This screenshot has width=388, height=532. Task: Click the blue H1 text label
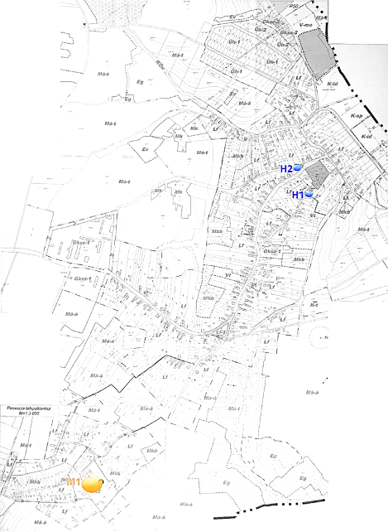click(298, 195)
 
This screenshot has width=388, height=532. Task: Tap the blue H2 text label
click(286, 168)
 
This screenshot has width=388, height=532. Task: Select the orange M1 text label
click(73, 481)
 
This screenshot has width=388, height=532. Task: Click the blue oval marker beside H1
click(309, 194)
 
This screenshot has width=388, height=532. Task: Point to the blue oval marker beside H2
click(297, 167)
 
